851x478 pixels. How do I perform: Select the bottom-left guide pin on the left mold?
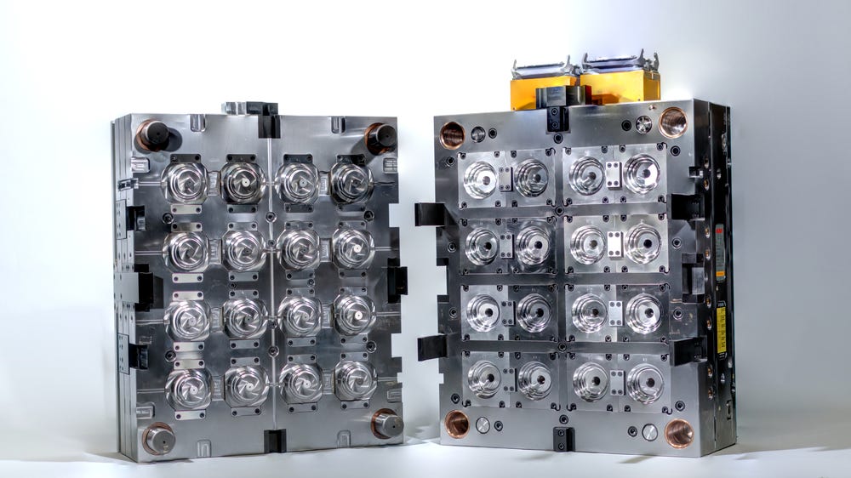[158, 438]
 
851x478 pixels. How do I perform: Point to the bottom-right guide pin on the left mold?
[386, 423]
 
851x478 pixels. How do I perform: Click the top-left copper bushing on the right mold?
[452, 134]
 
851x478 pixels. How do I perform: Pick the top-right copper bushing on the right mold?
[672, 122]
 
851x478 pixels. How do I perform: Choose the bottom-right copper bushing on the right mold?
[679, 432]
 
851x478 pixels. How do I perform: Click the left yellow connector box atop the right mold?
[542, 89]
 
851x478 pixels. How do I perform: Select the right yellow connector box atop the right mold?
[620, 85]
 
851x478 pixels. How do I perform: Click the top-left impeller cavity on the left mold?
[186, 180]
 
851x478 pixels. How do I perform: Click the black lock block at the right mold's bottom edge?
[563, 438]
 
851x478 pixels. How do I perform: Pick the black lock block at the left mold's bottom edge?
[274, 441]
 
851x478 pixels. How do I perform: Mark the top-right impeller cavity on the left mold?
[351, 180]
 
